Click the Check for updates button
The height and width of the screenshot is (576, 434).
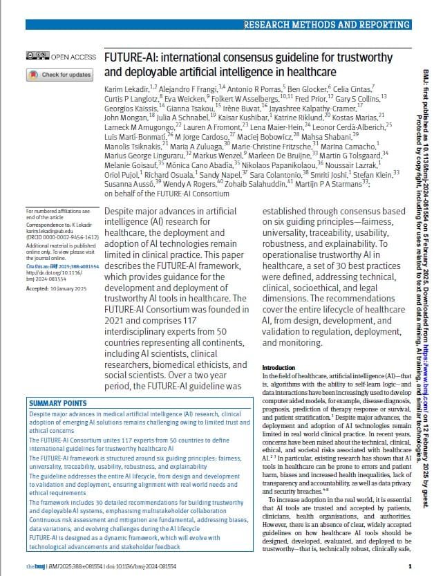tap(60, 75)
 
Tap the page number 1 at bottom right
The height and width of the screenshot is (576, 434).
tap(410, 566)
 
